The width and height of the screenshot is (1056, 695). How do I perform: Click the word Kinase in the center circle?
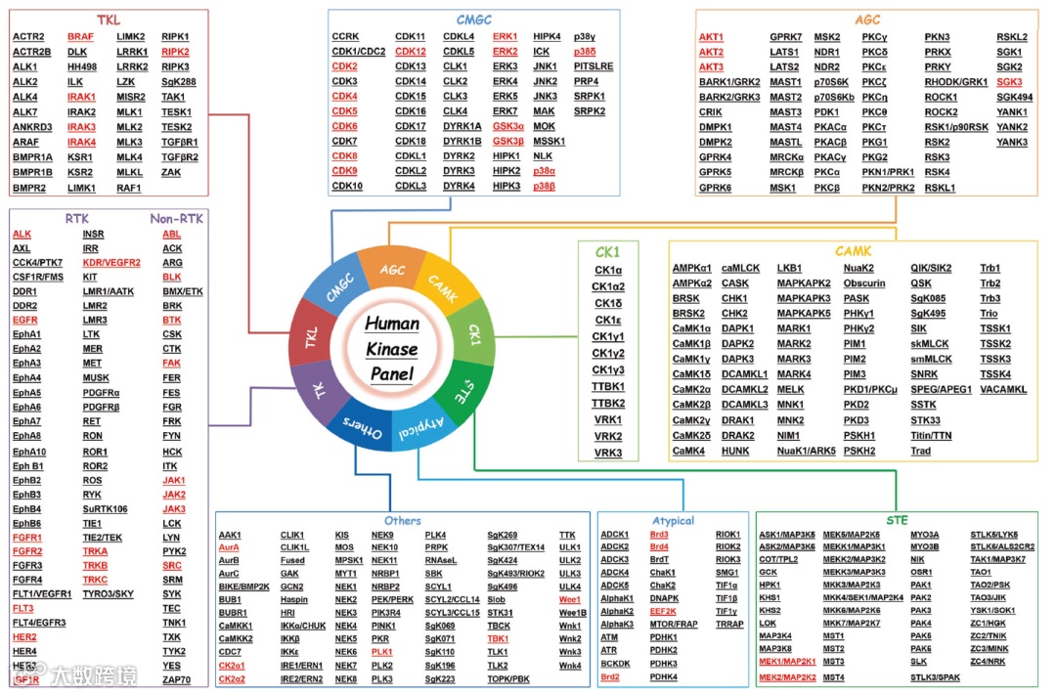click(x=391, y=349)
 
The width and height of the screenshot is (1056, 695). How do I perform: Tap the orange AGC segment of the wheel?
click(x=392, y=270)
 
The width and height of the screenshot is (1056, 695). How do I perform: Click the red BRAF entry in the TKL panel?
click(x=81, y=37)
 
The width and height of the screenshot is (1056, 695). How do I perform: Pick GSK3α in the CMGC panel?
click(x=507, y=126)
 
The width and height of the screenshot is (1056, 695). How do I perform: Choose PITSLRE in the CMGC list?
click(x=594, y=66)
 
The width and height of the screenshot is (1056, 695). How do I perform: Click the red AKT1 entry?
click(x=711, y=37)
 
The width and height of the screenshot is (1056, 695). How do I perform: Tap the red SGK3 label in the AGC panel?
click(x=1009, y=82)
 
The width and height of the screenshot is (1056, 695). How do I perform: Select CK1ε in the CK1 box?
click(x=608, y=320)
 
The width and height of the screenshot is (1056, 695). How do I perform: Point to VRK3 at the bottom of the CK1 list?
click(x=608, y=453)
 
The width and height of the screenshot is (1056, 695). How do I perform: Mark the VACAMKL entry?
click(x=1003, y=389)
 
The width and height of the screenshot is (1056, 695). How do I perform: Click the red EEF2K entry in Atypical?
click(x=663, y=611)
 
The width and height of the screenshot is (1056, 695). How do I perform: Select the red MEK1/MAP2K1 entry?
click(x=787, y=662)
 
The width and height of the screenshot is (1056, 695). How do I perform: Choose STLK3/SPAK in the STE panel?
click(x=936, y=676)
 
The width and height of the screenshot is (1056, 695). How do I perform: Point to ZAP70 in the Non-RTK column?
click(x=176, y=679)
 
